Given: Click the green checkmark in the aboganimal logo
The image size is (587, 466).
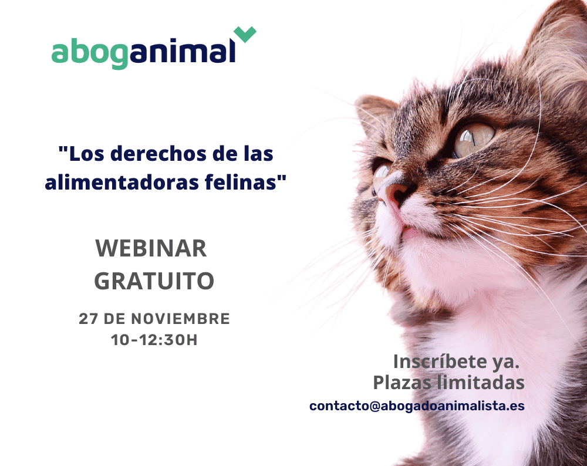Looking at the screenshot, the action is [x=245, y=34].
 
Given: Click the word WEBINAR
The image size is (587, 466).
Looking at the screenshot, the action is [x=151, y=248].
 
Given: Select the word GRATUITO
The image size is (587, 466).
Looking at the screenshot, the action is [x=154, y=281].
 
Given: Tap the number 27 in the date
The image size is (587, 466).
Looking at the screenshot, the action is [x=89, y=319].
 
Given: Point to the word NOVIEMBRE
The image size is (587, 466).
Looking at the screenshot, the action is [x=180, y=319].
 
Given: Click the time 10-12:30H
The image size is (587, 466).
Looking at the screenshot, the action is [x=154, y=340].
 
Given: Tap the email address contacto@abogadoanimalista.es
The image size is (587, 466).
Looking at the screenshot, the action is [x=417, y=406].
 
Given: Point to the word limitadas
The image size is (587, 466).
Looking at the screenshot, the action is [x=481, y=383].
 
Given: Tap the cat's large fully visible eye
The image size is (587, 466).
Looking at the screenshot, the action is [x=473, y=140].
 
